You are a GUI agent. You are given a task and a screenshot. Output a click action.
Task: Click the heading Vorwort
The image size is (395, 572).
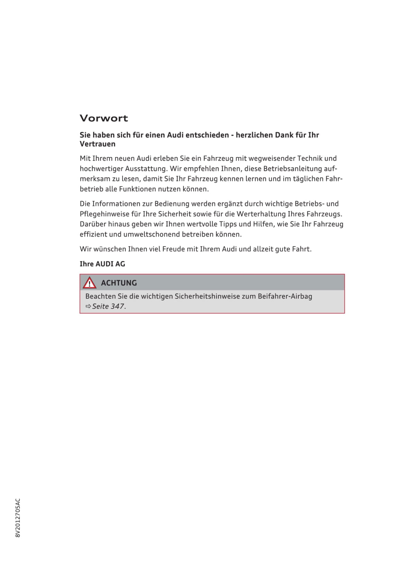104,118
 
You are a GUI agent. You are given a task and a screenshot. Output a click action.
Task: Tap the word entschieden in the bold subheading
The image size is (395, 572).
207,135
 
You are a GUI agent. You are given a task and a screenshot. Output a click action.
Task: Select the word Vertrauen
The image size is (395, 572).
97,144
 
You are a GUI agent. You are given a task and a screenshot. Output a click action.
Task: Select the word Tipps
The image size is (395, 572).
228,224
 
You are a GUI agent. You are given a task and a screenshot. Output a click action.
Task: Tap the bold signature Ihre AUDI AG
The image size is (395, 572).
102,264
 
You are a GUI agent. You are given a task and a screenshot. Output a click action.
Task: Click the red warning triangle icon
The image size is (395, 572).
89,283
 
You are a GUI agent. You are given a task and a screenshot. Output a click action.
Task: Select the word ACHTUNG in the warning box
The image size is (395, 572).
119,283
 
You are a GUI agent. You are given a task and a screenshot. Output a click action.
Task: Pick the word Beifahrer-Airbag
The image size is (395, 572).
285,296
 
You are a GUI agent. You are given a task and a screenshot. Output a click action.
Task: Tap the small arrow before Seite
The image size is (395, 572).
88,306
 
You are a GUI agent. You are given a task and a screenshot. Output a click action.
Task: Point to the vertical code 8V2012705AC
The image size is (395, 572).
18,518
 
